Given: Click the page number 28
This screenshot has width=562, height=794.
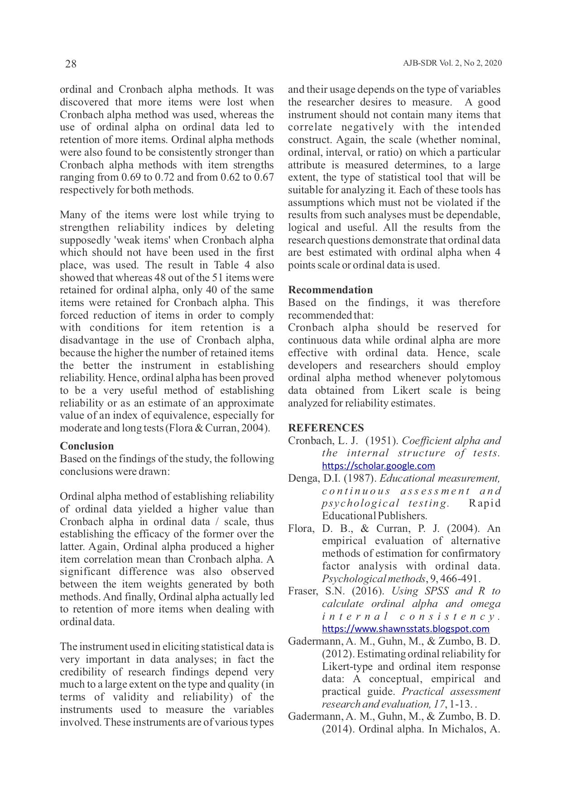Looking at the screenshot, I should (x=71, y=64).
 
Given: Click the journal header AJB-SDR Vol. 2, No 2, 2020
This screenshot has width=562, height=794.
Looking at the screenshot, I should (x=452, y=63).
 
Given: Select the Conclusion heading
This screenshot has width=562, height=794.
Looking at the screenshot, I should (x=86, y=446).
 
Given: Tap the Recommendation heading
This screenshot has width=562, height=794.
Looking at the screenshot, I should (x=330, y=290).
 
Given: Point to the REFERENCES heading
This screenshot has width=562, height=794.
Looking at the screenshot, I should (x=326, y=428).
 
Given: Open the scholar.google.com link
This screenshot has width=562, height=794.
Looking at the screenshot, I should (x=378, y=466).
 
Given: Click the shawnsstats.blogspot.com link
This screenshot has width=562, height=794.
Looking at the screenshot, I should (x=405, y=629).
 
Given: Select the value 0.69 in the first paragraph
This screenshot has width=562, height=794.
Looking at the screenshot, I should (x=131, y=177).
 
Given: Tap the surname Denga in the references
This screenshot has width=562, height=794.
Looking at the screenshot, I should (x=302, y=478).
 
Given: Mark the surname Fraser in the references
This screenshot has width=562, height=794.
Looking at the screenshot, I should (x=301, y=591).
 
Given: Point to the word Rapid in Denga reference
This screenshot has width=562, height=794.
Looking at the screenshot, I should (x=485, y=503).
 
